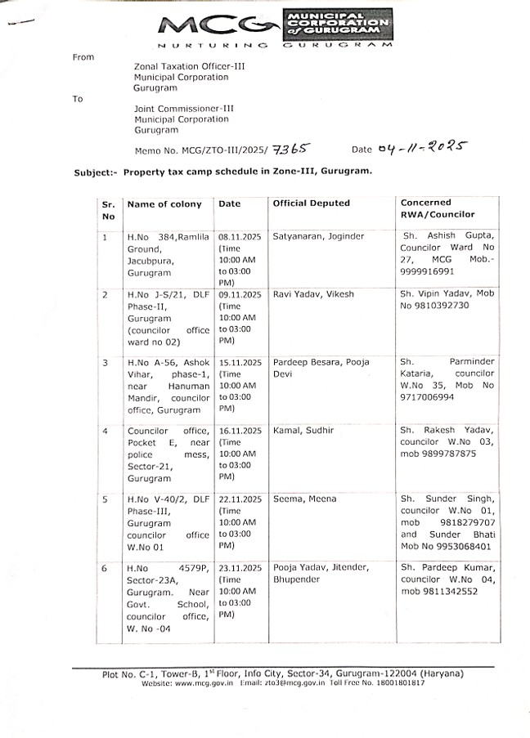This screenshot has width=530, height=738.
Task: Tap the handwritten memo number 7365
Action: [x=292, y=149]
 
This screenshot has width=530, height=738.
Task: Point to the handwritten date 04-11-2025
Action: [x=422, y=148]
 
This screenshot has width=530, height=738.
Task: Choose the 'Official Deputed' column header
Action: [x=311, y=203]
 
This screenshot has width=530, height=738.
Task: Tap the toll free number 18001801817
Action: [x=396, y=682]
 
